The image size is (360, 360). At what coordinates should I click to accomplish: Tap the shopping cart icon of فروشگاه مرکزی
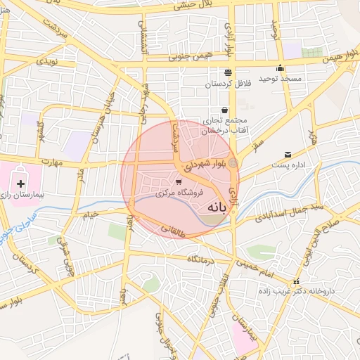click(177, 182)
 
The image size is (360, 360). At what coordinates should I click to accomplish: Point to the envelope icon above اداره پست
click(288, 155)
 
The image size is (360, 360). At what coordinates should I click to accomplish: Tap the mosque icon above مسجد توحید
click(280, 68)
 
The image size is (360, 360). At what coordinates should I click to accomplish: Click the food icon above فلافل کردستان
click(227, 73)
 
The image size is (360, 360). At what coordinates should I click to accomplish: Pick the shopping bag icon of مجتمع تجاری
click(224, 110)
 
